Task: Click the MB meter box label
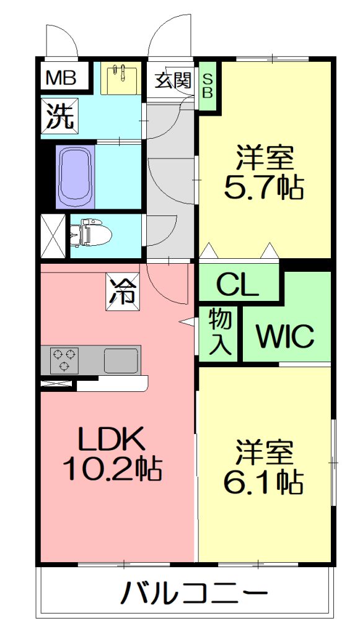pos(61,77)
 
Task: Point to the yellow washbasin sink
pos(121,78)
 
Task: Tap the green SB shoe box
pos(207,85)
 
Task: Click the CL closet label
pos(239,287)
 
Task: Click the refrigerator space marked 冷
pos(123,292)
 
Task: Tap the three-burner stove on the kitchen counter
pos(64,360)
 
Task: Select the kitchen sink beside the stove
pos(120,360)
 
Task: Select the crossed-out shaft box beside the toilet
pos(53,236)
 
